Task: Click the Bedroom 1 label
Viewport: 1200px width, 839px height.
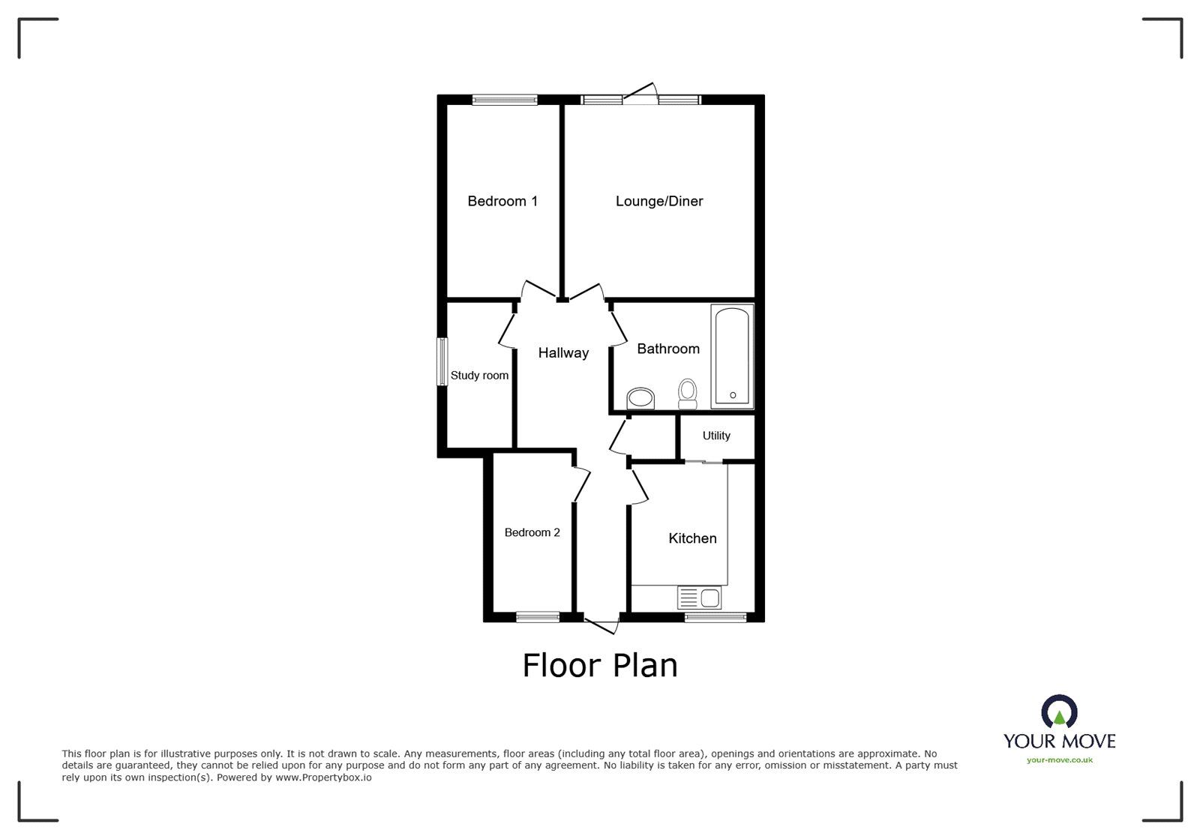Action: click(502, 201)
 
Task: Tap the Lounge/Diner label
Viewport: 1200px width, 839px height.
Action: click(659, 201)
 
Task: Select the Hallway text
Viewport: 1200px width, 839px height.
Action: click(563, 353)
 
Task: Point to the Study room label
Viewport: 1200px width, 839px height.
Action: click(479, 376)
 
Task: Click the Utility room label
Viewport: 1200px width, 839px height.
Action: click(716, 436)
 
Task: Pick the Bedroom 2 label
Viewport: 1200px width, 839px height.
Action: click(532, 532)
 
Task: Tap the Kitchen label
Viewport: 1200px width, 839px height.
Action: click(692, 538)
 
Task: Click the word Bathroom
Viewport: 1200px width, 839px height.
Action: click(668, 349)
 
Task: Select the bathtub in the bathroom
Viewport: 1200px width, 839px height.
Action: click(732, 356)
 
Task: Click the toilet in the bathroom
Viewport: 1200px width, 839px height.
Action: click(687, 394)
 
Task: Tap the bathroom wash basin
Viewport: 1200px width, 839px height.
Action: click(640, 398)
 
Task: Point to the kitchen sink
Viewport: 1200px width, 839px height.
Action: click(699, 598)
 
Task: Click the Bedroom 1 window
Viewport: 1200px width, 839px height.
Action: click(505, 99)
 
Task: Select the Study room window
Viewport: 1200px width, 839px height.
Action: click(442, 362)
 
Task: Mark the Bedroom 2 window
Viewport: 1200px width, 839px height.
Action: click(538, 617)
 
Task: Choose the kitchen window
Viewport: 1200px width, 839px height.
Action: click(715, 617)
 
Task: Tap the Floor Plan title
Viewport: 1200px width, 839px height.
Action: click(600, 665)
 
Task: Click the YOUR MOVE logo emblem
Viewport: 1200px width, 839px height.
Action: click(1059, 712)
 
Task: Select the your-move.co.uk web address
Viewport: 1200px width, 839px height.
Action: click(1060, 760)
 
